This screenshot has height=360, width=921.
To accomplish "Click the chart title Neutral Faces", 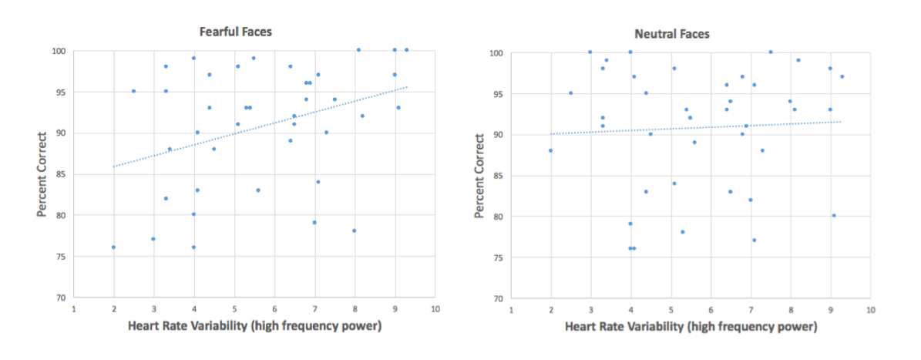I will tap(671, 34).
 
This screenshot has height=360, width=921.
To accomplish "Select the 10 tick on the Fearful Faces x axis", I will tap(435, 308).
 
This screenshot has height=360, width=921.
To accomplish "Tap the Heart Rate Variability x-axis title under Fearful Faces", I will tap(254, 326).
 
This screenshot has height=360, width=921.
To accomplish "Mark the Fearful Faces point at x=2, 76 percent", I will tap(113, 247).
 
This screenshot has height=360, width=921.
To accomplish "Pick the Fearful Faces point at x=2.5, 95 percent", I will tap(133, 91).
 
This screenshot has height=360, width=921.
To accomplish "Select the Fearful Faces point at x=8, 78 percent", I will tap(355, 230).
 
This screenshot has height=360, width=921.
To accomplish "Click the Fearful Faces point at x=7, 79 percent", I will tap(314, 223).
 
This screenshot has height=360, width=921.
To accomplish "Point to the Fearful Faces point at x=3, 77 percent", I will tap(153, 239).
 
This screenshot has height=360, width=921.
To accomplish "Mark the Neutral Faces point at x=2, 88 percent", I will tap(550, 150).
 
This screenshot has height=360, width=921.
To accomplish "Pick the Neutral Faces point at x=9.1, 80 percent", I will tap(834, 216).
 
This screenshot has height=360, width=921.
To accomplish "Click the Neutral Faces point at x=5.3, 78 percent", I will tap(683, 232).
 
